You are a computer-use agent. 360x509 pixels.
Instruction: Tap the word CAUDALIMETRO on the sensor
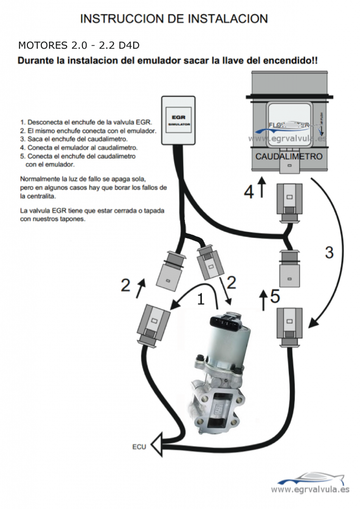coord(289,156)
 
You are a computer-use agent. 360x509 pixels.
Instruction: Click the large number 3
coord(329,252)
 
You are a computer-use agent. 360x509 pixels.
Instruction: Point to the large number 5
coord(275,296)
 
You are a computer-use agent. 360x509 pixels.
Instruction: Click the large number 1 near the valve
coord(200,299)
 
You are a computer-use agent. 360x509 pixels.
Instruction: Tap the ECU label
coord(139,446)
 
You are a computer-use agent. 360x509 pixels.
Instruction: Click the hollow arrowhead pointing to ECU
coord(157,444)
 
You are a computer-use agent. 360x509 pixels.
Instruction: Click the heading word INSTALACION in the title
coord(228,18)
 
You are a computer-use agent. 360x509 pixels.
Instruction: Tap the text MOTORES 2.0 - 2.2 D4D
coord(79,45)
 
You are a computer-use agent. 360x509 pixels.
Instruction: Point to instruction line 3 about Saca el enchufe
coord(74,139)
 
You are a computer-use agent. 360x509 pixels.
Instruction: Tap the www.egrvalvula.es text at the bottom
coord(310,490)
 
